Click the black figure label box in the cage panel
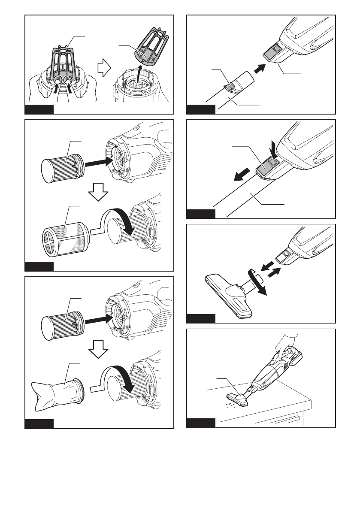pyautogui.click(x=39, y=109)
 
